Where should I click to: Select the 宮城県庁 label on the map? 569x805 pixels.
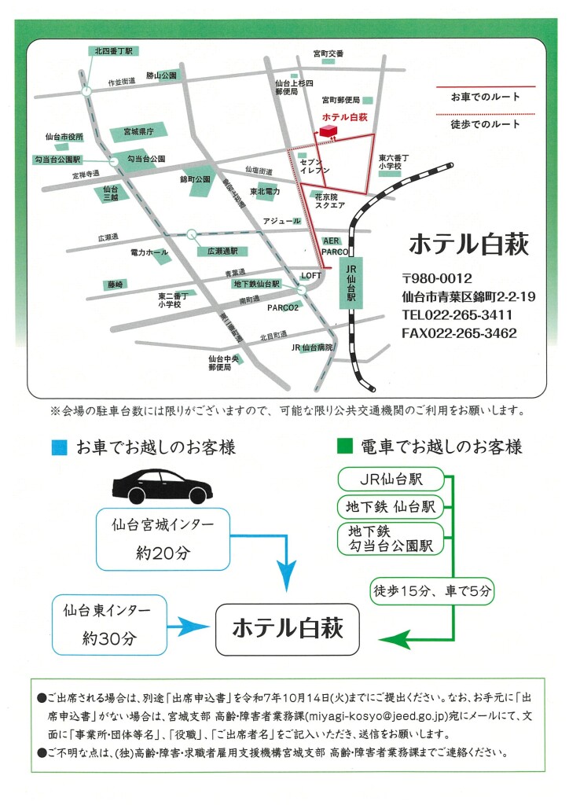pos(137,130)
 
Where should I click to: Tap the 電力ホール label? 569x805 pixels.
pos(149,252)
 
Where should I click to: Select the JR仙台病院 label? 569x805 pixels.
pos(312,347)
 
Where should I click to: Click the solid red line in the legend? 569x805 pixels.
pos(485,86)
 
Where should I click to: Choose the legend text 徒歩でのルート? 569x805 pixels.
pos(485,124)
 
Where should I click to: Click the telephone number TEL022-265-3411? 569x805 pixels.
pos(457,315)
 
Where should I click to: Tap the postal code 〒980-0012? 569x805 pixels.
pos(436,278)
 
